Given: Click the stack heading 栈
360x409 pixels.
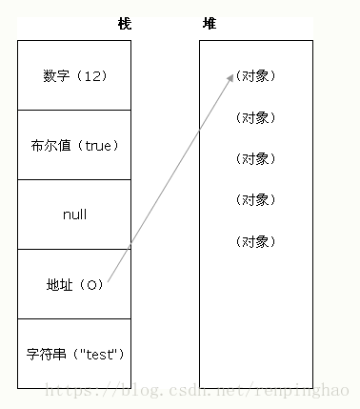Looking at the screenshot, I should pos(124,23).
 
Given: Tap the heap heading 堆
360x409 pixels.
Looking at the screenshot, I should pos(210,23).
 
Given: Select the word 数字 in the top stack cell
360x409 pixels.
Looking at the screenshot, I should pos(56,75).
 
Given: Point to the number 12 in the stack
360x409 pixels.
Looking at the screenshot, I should pos(91,75).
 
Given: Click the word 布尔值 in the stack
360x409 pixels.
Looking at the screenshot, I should pos(50,145).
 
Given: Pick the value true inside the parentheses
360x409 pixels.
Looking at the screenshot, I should pos(98,145).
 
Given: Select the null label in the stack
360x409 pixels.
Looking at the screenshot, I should pos(74,215).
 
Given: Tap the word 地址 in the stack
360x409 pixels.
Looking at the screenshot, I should pos(59,284).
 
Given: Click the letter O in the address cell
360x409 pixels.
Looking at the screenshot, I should pos(91,284).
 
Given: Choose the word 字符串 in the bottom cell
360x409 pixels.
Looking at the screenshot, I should pos(45,354).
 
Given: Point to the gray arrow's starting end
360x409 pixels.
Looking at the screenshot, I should pos(108,282).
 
